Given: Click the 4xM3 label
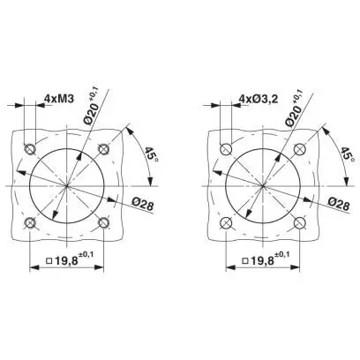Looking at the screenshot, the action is (58, 98).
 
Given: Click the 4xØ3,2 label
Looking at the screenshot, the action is (259, 99).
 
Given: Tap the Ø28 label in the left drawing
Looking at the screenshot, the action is (143, 204).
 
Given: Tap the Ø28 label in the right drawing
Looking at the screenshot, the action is (339, 204).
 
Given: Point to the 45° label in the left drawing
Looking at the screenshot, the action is (152, 154).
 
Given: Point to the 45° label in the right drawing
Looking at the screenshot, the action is (348, 154).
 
